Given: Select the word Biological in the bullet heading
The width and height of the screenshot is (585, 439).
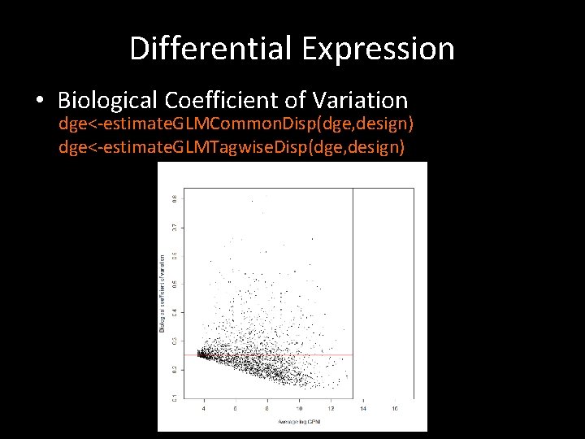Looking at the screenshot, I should pyautogui.click(x=109, y=101).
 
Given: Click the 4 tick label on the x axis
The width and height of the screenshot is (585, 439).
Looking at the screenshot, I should pyautogui.click(x=204, y=408).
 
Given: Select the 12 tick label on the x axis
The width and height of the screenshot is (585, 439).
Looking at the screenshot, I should pyautogui.click(x=331, y=408).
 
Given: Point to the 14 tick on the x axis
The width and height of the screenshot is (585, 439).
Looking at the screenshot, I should pyautogui.click(x=362, y=408).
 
